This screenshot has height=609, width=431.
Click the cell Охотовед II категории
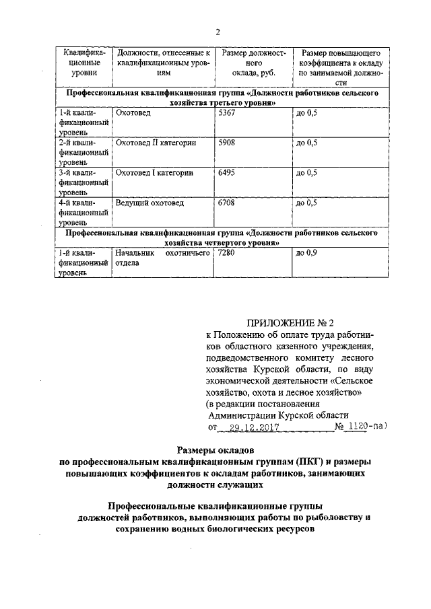coord(156,143)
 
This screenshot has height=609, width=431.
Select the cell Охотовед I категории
coord(154,173)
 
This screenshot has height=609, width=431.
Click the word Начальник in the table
coord(135,253)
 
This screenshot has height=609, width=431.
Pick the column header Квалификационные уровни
coord(84,63)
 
